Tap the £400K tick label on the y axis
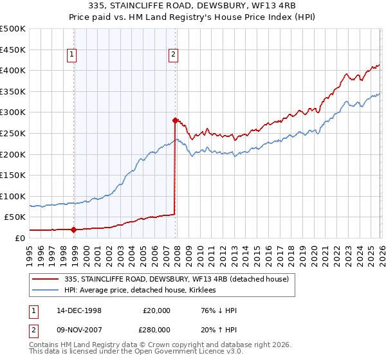coord(13,71)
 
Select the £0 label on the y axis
coord(20,238)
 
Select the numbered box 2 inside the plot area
coord(174,55)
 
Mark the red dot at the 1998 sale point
coord(74,230)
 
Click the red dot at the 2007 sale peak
coord(175,120)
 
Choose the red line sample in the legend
coord(46,279)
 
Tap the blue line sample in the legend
coord(46,290)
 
